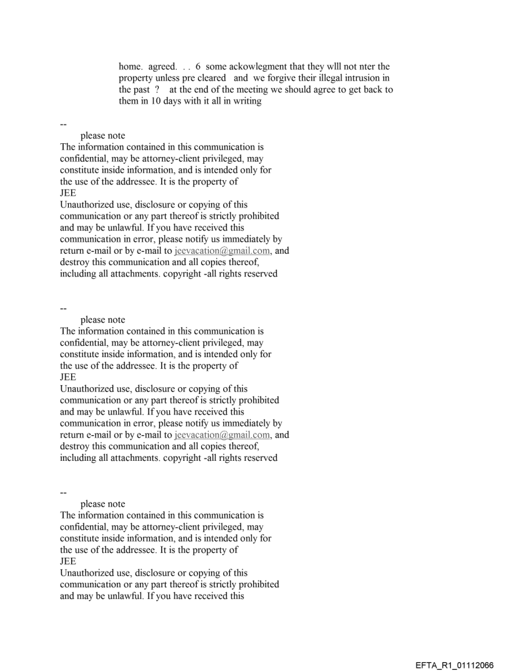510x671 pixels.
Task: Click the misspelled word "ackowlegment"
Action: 241,66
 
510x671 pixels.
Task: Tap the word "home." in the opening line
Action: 131,66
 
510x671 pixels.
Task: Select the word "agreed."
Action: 165,66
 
